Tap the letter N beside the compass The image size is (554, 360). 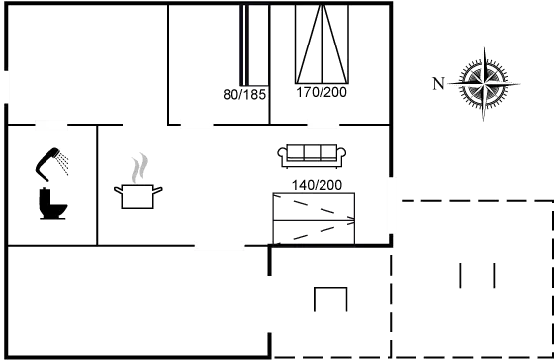click(x=438, y=83)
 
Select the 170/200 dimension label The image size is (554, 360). click(x=322, y=92)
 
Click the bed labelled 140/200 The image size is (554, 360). click(x=313, y=217)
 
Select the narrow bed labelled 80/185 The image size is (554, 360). click(x=255, y=45)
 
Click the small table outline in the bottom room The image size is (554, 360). click(x=329, y=300)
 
